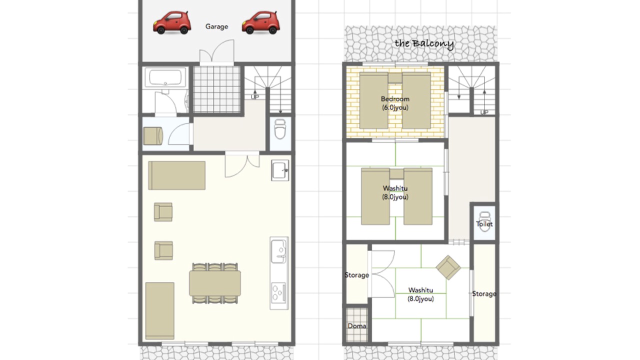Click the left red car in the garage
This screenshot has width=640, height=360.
tap(172, 22)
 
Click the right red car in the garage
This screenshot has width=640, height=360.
tap(261, 22)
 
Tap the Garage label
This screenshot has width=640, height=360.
tap(216, 26)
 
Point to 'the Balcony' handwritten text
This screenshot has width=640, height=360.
tap(424, 43)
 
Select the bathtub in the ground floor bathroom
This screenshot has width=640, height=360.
tap(165, 77)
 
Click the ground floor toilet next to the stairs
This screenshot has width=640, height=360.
tap(280, 129)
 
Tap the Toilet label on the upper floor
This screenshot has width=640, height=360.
tap(484, 224)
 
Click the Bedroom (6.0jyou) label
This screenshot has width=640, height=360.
tap(395, 103)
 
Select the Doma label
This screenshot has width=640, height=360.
tap(357, 326)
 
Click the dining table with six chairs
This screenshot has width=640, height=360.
tap(215, 283)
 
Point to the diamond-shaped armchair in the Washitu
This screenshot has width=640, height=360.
tap(448, 267)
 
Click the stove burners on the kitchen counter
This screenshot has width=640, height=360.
tap(278, 292)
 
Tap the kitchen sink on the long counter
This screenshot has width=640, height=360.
tap(278, 251)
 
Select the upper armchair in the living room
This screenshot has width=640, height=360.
tap(163, 212)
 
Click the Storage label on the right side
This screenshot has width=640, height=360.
tap(484, 293)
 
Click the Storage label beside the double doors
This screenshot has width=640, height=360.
tap(357, 275)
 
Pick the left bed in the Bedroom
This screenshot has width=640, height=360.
tap(373, 100)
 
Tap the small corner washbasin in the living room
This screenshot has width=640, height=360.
tap(280, 170)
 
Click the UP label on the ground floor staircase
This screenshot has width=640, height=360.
tap(255, 97)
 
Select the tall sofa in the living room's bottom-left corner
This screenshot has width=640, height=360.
tap(159, 311)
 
